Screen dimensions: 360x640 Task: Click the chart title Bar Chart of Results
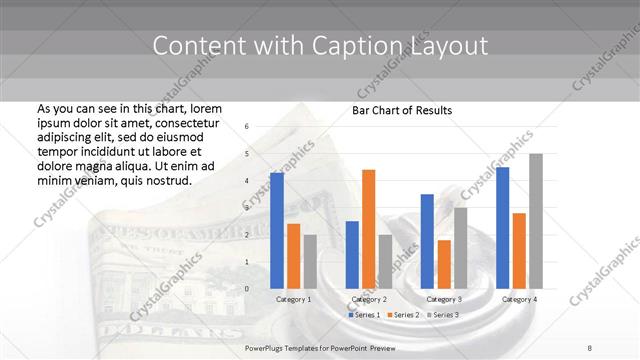[x=402, y=110]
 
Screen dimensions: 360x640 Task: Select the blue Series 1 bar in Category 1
[x=277, y=230]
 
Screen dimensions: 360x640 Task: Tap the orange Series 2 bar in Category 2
[x=368, y=229]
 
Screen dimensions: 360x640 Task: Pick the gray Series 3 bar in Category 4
[x=536, y=221]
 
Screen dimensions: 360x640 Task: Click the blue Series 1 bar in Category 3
[x=427, y=241]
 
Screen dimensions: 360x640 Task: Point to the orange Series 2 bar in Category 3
[x=444, y=264]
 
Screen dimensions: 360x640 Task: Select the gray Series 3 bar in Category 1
[x=309, y=261]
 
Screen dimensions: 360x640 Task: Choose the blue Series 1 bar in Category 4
[x=502, y=227]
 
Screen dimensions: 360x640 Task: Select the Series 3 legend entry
[x=444, y=315]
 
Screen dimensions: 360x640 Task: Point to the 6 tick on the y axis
[x=247, y=127]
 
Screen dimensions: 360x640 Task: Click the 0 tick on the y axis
[x=247, y=289]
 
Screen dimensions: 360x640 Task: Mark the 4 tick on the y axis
[x=247, y=181]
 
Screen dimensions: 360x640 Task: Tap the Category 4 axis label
[x=519, y=299]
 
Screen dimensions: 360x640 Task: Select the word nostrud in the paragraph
[x=165, y=180]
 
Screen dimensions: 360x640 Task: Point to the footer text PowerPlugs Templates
[x=290, y=346]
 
